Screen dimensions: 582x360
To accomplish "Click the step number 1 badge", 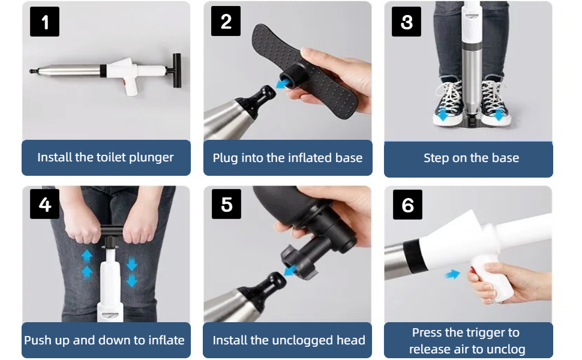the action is pos(44,22).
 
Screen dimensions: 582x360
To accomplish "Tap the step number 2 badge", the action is pos(226,21).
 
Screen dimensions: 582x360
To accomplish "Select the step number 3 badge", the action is pos(406,22).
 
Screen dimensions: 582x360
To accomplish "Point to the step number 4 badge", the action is pos(44,204).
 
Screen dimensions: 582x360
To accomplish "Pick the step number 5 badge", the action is pos(226,204).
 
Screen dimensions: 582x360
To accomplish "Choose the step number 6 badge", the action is pos(407,205).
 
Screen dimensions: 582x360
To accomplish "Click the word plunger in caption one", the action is pos(151,158).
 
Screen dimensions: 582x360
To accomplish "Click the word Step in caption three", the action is pos(436,158).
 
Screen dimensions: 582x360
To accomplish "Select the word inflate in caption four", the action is pos(166,340).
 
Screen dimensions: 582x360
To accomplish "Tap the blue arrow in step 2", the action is pos(283,83).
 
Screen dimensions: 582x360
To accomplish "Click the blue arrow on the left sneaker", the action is pos(443,115).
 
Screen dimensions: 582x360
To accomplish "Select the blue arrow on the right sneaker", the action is pos(499,115).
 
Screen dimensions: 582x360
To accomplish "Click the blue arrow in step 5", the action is pos(290,270).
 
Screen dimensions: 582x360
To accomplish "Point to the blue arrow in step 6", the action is pos(452,274).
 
